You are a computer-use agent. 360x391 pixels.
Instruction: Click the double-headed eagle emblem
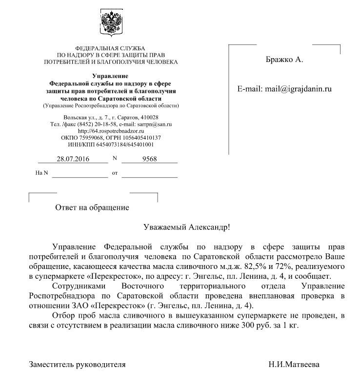click(x=111, y=22)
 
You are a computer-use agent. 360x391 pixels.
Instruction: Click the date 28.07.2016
click(x=73, y=159)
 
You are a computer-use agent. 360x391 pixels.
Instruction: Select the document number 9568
click(x=149, y=159)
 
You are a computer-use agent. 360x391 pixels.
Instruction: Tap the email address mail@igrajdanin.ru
click(x=298, y=89)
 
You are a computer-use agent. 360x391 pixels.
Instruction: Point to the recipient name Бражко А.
click(x=284, y=60)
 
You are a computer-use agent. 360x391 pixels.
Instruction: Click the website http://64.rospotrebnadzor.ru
click(x=111, y=131)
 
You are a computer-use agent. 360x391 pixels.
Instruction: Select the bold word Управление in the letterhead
click(x=110, y=76)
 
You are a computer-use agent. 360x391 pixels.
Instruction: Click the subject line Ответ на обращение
click(x=92, y=207)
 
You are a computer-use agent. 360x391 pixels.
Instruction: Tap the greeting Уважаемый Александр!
click(x=187, y=227)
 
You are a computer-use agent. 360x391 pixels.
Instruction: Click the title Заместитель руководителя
click(x=78, y=364)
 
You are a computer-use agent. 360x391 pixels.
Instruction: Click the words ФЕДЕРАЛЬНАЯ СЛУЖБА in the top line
click(x=110, y=49)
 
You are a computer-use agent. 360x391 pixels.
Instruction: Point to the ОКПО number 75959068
click(x=91, y=138)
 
